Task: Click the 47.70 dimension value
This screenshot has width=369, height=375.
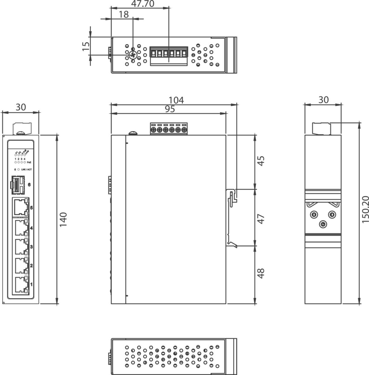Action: (x=143, y=4)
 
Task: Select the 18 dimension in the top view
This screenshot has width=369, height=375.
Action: (x=124, y=14)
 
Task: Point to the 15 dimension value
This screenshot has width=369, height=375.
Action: (x=86, y=46)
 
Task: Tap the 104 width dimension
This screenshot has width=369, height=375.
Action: (x=176, y=100)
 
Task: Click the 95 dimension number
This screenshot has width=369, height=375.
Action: (x=170, y=109)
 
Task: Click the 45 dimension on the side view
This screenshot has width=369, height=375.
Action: (x=261, y=161)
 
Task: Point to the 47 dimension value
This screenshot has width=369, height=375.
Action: (x=261, y=219)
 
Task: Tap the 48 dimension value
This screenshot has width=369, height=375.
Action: (x=261, y=273)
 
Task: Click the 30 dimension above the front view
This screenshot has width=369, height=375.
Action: (x=21, y=107)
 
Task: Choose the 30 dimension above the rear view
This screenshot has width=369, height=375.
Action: (x=324, y=100)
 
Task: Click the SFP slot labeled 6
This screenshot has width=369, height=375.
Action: (x=17, y=185)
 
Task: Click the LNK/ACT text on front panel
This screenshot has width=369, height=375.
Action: (x=27, y=170)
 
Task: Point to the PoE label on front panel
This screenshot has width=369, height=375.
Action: (x=29, y=162)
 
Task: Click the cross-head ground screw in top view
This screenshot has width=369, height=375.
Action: (x=133, y=55)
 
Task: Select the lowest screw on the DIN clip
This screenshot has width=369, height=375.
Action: (x=323, y=225)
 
